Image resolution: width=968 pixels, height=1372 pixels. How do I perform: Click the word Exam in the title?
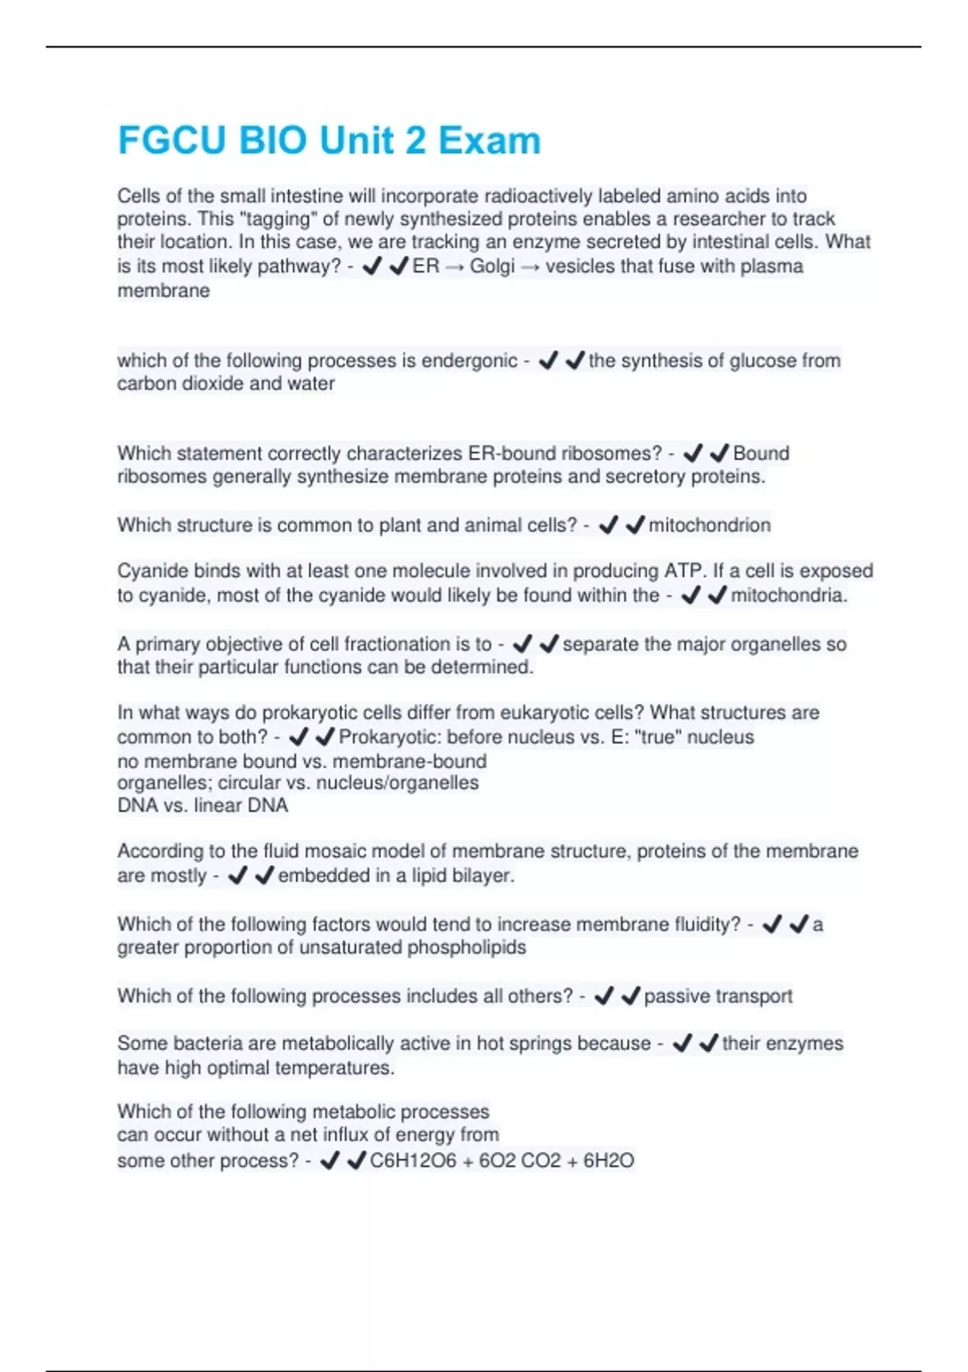point(490,140)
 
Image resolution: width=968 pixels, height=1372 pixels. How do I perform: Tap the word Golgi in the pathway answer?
point(492,266)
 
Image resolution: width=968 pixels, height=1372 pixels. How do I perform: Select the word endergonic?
point(469,361)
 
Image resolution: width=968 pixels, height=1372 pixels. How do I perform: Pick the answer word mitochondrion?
point(710,525)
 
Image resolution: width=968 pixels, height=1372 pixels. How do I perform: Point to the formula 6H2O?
point(608,1161)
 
